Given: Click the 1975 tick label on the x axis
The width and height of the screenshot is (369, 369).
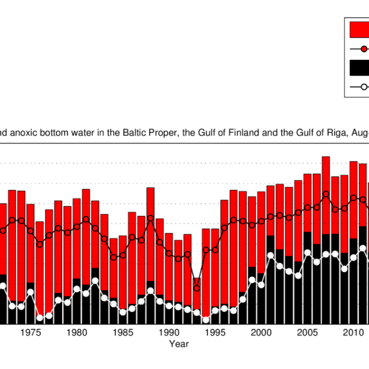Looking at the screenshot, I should pyautogui.click(x=30, y=333).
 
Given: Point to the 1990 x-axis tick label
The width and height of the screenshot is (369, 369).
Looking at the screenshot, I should pyautogui.click(x=169, y=333).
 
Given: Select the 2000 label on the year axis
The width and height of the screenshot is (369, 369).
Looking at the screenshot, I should pyautogui.click(x=261, y=333).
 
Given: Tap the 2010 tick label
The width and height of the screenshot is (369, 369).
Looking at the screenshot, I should pyautogui.click(x=353, y=333).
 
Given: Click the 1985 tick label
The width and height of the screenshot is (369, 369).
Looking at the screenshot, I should pyautogui.click(x=123, y=333).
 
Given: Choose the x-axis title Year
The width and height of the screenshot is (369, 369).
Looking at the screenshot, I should pyautogui.click(x=178, y=344).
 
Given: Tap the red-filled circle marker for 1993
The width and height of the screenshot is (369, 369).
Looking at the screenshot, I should pyautogui.click(x=196, y=288).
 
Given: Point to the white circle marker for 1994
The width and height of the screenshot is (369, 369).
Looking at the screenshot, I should pyautogui.click(x=206, y=320).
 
